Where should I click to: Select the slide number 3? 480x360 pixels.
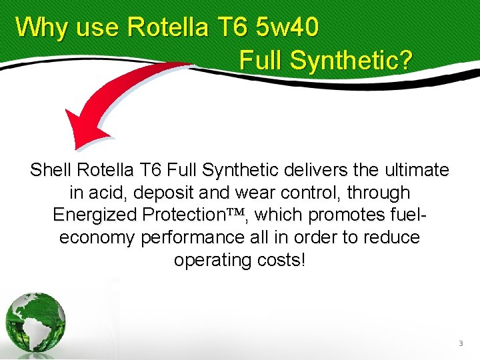[460, 343]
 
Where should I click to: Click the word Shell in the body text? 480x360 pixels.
[51, 171]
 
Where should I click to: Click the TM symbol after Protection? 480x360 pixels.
[238, 213]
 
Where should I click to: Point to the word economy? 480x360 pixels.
[97, 238]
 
